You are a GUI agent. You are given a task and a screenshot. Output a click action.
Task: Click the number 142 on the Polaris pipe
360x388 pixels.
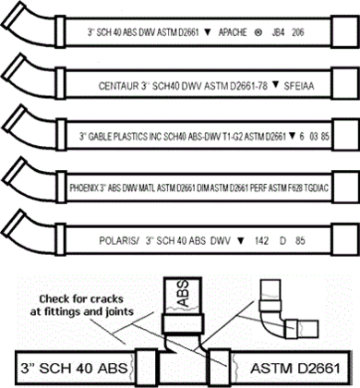pyautogui.click(x=257, y=236)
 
